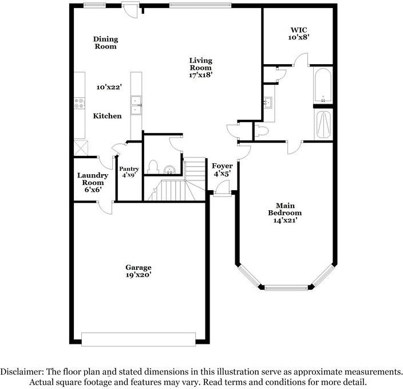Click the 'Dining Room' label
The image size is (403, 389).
[x=106, y=42]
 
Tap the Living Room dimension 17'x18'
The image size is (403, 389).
[x=201, y=75]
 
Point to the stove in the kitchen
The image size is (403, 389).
[x=78, y=104]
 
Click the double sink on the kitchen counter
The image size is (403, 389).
[x=136, y=105]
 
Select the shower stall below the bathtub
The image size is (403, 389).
[x=323, y=124]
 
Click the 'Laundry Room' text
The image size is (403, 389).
[x=92, y=182]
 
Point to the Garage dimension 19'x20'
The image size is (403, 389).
[x=139, y=275]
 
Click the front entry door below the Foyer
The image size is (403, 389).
[x=223, y=194]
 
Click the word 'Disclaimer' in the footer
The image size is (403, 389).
[x=23, y=371]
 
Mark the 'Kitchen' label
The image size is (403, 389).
[x=107, y=116]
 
